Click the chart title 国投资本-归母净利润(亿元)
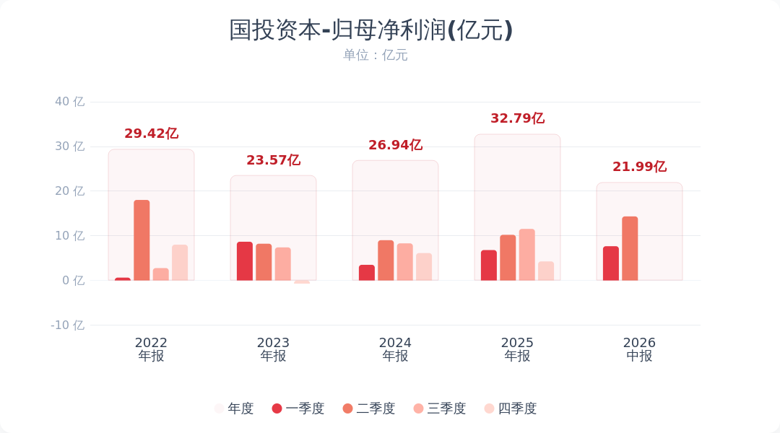tap(370, 30)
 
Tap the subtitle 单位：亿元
tap(375, 55)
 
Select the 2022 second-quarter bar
tap(142, 240)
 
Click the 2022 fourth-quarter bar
tap(180, 263)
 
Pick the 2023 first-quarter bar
tap(245, 261)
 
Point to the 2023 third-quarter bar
tap(283, 264)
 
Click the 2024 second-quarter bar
tap(386, 260)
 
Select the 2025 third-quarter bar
tap(526, 255)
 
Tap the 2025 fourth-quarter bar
tap(546, 271)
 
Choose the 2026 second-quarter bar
tap(630, 248)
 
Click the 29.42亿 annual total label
tap(151, 134)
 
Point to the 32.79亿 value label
tap(517, 118)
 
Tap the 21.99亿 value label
tap(639, 167)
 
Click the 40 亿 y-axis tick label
tap(69, 102)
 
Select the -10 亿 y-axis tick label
tap(68, 325)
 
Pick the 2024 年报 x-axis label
tap(396, 349)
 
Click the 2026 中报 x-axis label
tap(639, 349)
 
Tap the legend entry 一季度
tap(298, 408)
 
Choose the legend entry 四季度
tap(511, 408)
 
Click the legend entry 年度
tap(234, 408)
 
